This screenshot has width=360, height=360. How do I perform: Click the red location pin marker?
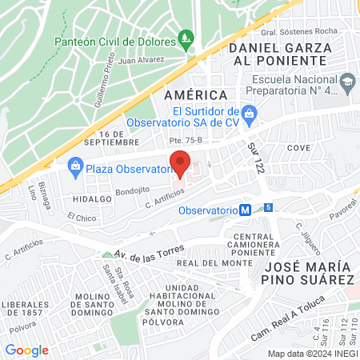coord(180,162)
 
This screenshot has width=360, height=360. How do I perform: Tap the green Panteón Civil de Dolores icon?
coord(186,38)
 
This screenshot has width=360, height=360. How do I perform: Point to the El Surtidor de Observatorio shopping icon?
coord(250,113)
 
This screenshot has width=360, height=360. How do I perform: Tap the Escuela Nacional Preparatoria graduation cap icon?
coord(347,81)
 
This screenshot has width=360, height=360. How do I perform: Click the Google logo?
coord(26,350)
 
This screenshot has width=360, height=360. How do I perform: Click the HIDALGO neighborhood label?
coord(90,197)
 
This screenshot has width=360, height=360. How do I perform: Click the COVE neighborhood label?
coord(298,148)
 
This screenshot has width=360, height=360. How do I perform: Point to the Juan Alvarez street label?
coord(142,59)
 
